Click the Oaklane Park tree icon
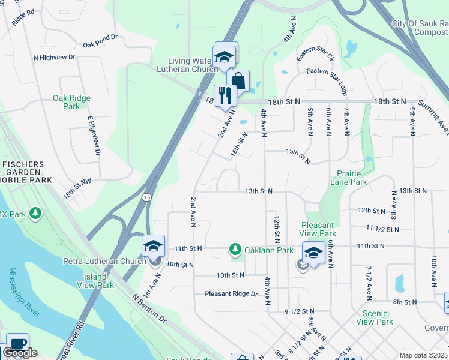235,249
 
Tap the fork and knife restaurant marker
225,96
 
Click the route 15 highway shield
146,197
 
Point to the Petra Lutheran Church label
104,261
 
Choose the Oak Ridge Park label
71,102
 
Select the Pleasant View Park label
318,229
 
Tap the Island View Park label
95,281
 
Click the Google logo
20,352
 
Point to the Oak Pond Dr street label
100,44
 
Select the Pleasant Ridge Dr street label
231,294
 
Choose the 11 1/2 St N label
382,229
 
